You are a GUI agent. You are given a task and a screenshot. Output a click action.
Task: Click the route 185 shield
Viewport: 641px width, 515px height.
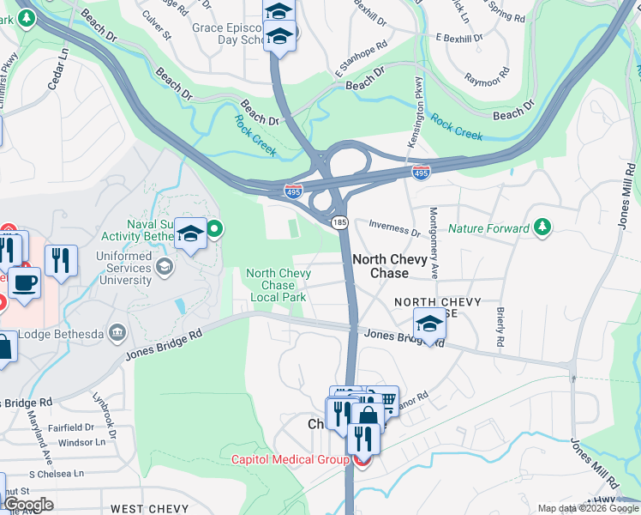(339, 222)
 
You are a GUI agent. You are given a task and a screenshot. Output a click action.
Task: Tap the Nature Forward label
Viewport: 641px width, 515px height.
(488, 228)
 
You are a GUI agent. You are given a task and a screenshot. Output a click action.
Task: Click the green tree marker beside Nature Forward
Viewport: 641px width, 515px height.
(542, 227)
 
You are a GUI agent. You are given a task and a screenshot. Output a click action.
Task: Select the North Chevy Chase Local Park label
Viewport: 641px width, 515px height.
(278, 285)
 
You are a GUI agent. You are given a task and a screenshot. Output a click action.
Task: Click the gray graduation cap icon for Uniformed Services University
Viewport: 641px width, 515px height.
(163, 266)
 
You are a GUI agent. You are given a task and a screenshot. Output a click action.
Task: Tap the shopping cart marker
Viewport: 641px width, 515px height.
(386, 401)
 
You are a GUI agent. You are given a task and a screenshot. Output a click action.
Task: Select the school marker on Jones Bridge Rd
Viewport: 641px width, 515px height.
(429, 324)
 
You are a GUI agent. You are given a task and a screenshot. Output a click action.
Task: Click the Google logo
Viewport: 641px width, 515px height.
(27, 505)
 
